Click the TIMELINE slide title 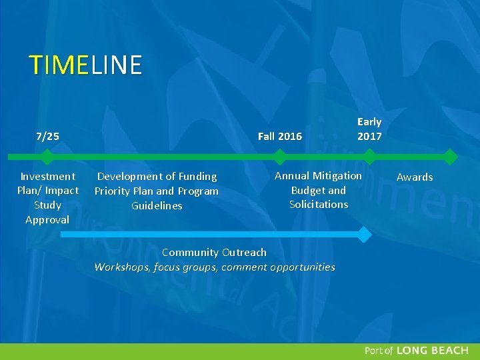[x=85, y=65]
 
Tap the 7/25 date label [x=47, y=137]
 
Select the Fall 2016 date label [x=279, y=137]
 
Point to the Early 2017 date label [x=369, y=129]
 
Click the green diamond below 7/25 [x=47, y=157]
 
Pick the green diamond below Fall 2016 [x=279, y=157]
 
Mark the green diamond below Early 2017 [x=369, y=157]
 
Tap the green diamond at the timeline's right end [x=451, y=157]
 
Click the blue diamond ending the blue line [x=363, y=235]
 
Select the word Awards [x=415, y=177]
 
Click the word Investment [x=47, y=177]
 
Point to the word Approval [x=47, y=220]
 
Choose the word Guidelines [x=157, y=206]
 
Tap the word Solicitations [x=319, y=205]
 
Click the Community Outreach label [x=214, y=253]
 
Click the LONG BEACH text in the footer [x=432, y=351]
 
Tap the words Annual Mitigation [x=318, y=176]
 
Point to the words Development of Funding [x=157, y=177]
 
